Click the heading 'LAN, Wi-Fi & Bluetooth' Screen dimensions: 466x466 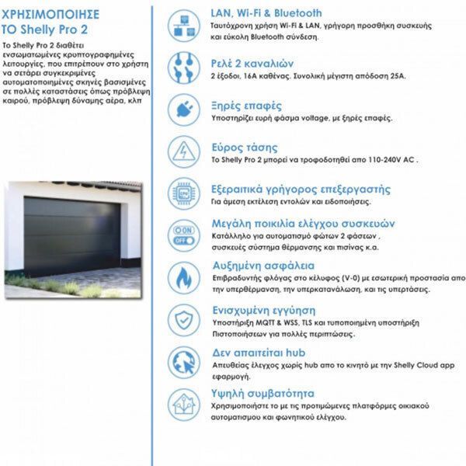[266, 13]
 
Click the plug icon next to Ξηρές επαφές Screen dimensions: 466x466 [184, 110]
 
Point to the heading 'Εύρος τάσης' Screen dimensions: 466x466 [244, 147]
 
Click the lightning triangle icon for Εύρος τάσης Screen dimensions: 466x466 [184, 151]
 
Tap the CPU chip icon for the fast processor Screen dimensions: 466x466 [184, 193]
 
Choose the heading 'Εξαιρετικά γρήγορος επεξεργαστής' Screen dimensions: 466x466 [301, 189]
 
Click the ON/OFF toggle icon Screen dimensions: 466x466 [184, 235]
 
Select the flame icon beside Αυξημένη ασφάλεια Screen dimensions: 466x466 [184, 277]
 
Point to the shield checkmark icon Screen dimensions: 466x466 [184, 319]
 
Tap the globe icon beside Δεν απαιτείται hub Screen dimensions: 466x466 [184, 361]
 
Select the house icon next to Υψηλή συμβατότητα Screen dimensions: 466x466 [184, 403]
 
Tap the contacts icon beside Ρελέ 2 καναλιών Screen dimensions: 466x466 [184, 68]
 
